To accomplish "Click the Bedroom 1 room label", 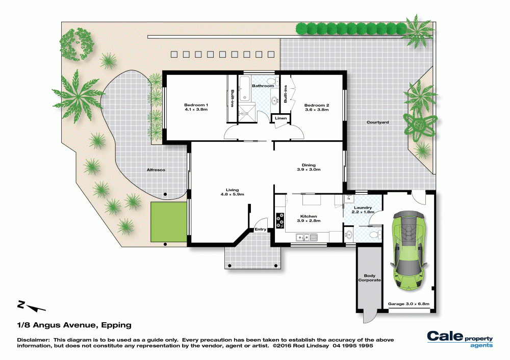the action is coord(196,105).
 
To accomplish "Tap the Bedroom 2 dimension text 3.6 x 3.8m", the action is coord(317,110).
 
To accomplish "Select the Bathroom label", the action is coord(263,86).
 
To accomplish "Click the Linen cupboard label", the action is coord(280,118).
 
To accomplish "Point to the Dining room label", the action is coord(309,165).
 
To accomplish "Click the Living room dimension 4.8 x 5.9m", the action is coord(232,194).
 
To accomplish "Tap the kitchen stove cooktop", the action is coord(279,220).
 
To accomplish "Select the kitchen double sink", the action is coord(307,238).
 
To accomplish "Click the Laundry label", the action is coord(363,208).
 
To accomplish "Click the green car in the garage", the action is coord(409,251).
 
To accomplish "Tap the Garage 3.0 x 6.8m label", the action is coord(409,304).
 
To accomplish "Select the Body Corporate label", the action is coord(369,278).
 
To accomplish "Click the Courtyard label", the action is coord(377,122).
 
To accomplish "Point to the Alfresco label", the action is coord(156,170).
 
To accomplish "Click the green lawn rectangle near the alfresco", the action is coord(169,222).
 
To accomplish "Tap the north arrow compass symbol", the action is coord(31,306).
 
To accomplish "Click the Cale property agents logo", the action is coord(460,339).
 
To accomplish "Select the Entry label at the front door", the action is coord(260,229).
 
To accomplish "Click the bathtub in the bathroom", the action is coord(244,89).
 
